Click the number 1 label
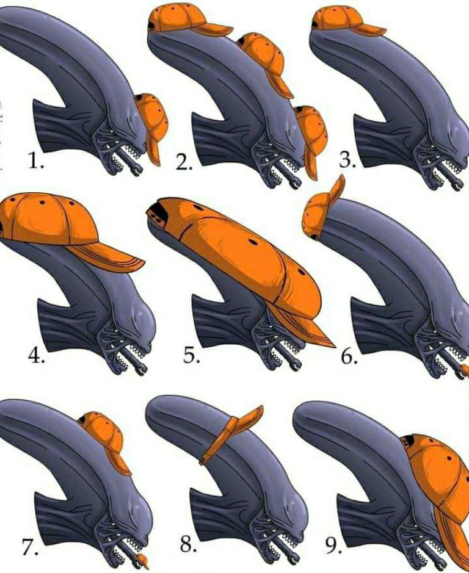point(36,162)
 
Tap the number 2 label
point(185,162)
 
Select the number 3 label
point(347,162)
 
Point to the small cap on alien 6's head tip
point(322,211)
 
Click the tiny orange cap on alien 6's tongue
point(464,369)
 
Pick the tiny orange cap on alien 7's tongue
point(145,558)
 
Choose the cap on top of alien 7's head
point(104,436)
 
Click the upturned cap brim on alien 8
point(247,421)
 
